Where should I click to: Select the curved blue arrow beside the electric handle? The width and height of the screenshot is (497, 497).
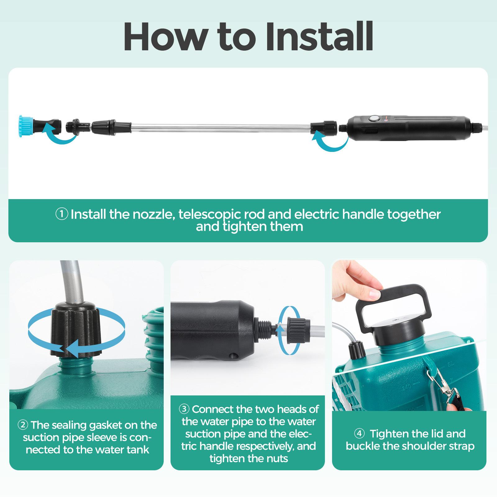coord(331,143)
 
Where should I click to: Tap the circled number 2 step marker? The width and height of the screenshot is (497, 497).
coord(23,425)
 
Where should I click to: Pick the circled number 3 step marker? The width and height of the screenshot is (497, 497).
coord(184,409)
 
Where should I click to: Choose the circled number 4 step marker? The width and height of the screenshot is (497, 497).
coord(360,434)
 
